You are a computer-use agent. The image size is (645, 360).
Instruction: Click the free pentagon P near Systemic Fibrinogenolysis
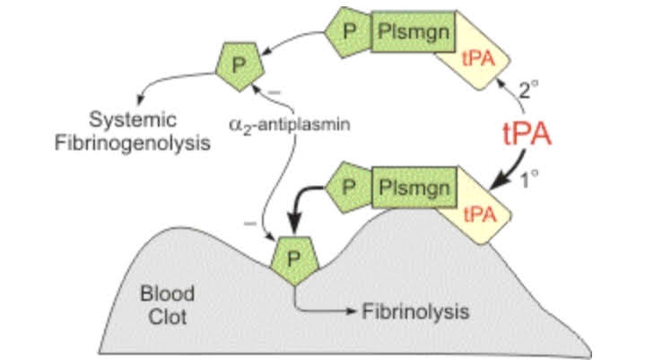[x=238, y=64]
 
